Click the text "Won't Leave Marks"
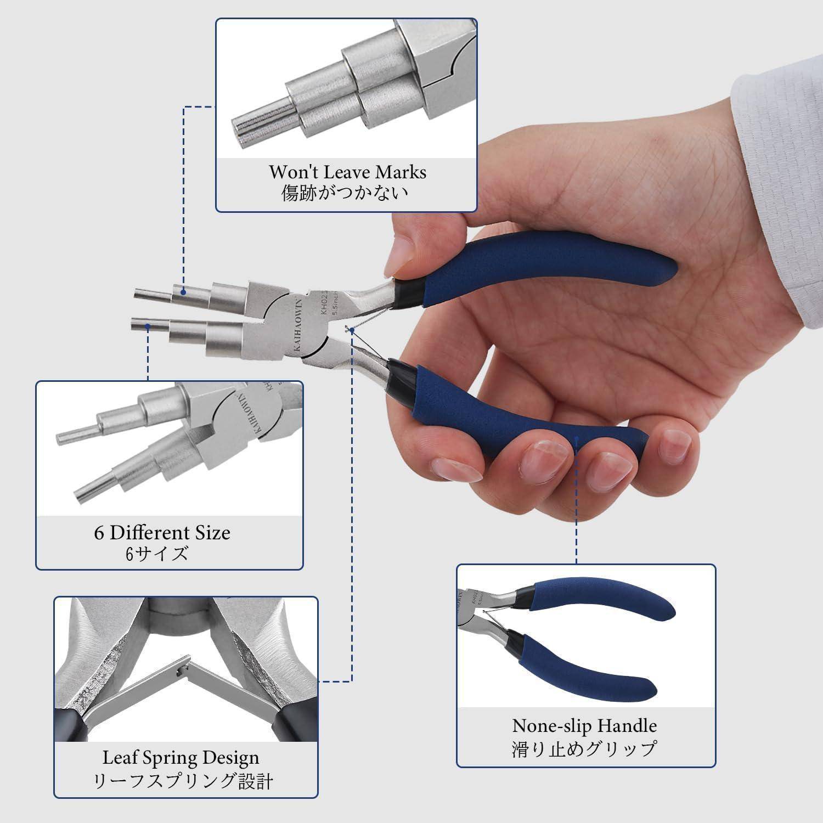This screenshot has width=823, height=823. pos(347,172)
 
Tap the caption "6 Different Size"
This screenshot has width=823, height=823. pos(162,533)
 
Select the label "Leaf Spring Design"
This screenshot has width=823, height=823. pos(181,758)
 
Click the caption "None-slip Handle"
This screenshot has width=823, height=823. pos(584,726)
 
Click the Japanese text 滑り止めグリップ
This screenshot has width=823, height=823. pos(584,749)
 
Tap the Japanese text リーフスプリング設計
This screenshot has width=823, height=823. pos(183,781)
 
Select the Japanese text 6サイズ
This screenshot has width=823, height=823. pos(157,554)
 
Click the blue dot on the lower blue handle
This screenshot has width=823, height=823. pos(577,439)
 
